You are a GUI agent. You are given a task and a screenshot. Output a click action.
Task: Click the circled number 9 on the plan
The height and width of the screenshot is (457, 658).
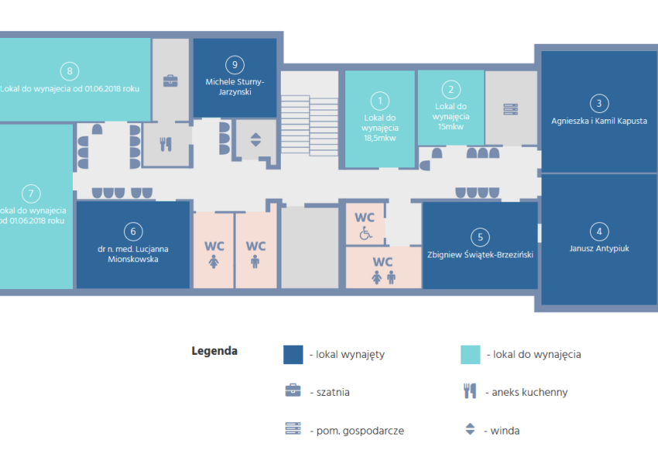235,65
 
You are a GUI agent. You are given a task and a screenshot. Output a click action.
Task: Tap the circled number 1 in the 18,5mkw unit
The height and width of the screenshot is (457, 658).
380,101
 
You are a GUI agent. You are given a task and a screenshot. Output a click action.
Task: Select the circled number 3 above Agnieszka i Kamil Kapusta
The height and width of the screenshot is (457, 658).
599,104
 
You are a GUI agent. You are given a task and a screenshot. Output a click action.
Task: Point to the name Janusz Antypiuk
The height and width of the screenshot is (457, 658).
599,248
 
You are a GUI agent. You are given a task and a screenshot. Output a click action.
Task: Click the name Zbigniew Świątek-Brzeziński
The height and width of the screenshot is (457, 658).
480,255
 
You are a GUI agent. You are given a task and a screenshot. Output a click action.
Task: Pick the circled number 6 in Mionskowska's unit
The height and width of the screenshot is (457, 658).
133,232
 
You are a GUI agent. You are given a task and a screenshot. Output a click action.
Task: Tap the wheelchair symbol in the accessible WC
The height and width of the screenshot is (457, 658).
365,232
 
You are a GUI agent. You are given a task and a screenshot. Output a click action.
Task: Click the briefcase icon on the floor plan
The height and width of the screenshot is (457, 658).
170,81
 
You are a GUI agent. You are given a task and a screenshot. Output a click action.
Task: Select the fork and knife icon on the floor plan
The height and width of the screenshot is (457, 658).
166,144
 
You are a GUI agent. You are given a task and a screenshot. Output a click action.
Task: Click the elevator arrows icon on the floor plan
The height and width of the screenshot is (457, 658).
255,139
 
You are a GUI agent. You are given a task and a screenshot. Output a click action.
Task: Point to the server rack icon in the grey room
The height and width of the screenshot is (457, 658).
511,109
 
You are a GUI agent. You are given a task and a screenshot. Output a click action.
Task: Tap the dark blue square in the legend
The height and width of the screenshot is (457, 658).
293,355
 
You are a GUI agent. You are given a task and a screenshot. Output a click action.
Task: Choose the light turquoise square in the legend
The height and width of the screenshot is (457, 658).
471,355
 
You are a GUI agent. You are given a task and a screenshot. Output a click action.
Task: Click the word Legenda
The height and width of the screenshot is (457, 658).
214,351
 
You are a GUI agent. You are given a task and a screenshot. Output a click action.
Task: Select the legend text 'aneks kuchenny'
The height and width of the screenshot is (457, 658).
529,392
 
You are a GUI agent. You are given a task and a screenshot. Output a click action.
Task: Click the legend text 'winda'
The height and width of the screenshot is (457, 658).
505,431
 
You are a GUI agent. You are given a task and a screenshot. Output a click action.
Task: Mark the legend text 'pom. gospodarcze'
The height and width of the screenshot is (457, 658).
360,431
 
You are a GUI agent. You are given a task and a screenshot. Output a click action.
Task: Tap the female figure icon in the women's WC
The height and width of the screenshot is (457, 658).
214,262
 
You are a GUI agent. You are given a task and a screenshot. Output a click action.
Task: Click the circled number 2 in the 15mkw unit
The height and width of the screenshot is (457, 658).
451,90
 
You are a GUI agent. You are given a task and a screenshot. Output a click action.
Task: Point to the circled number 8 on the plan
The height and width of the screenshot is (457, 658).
70,71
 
